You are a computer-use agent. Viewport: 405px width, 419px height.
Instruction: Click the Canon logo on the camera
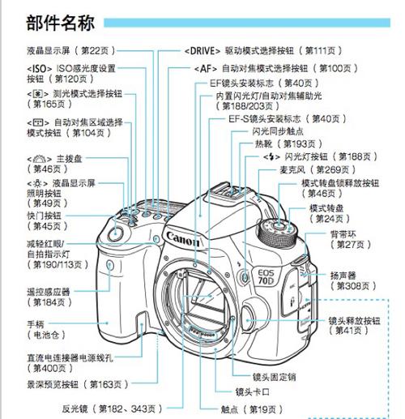click(185, 236)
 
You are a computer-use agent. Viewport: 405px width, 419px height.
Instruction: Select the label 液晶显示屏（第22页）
click(65, 49)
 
